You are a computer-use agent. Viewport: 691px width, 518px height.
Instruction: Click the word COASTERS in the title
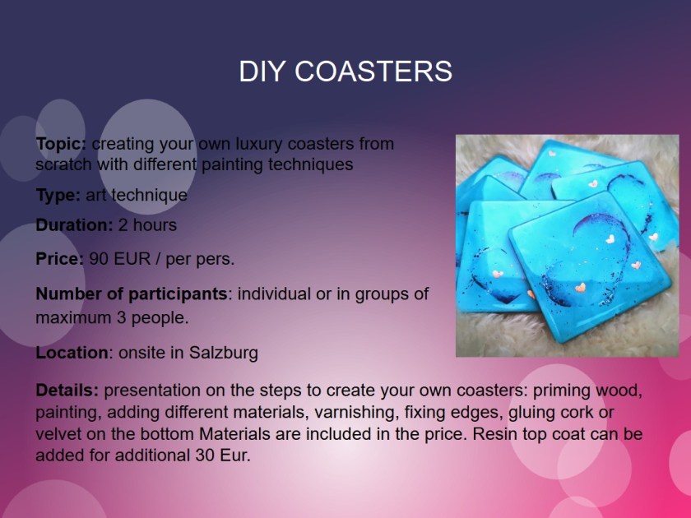[x=373, y=71]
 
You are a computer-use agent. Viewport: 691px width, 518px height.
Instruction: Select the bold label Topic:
[x=61, y=144]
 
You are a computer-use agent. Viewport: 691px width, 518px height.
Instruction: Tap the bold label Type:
[x=58, y=195]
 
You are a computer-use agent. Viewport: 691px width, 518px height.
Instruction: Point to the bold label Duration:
[x=75, y=225]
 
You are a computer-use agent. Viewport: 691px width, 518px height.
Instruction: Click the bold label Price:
[x=59, y=259]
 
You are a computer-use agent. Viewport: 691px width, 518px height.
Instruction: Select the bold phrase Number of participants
[x=132, y=294]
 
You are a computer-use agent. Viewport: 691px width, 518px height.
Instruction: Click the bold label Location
[x=72, y=353]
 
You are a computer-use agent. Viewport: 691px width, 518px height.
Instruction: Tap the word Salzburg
[x=224, y=354]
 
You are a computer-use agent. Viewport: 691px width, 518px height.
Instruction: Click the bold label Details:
[x=67, y=391]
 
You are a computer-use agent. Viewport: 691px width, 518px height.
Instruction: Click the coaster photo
[x=567, y=246]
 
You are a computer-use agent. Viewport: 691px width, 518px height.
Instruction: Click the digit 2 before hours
[x=123, y=225]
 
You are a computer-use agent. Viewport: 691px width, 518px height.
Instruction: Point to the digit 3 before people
[x=121, y=317]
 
